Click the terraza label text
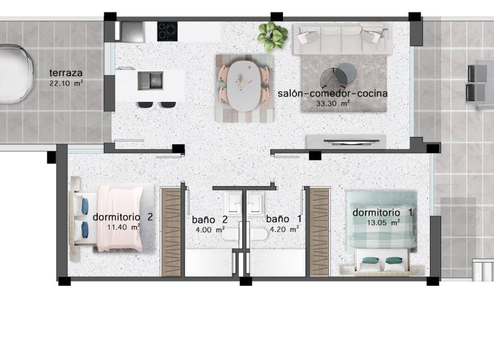[66, 73]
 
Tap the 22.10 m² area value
[66, 83]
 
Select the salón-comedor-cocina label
[333, 93]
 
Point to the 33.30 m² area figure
[333, 103]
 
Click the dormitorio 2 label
[123, 217]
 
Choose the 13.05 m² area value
[383, 223]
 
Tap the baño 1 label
[284, 219]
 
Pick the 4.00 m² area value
[210, 229]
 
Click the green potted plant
[272, 36]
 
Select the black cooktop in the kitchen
[167, 31]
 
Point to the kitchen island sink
[150, 80]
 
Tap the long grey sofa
[343, 39]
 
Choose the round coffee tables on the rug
[339, 77]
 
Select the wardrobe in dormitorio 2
[170, 232]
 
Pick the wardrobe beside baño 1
[320, 232]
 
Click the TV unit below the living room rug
[346, 141]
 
